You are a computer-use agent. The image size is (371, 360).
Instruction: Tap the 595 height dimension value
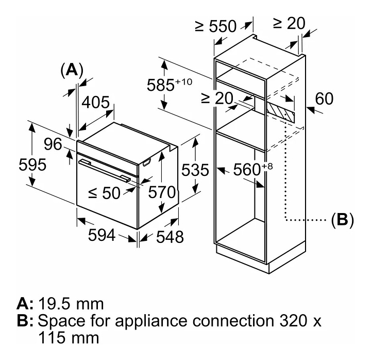pyautogui.click(x=32, y=165)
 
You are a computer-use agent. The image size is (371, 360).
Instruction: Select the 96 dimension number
pyautogui.click(x=52, y=144)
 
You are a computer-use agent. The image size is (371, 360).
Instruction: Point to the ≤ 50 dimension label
pyautogui.click(x=104, y=193)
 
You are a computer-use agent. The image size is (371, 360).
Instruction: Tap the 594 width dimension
pyautogui.click(x=101, y=235)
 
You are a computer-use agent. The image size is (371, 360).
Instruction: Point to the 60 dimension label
pyautogui.click(x=325, y=99)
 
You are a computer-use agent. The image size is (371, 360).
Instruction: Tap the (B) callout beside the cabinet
pyautogui.click(x=343, y=220)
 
